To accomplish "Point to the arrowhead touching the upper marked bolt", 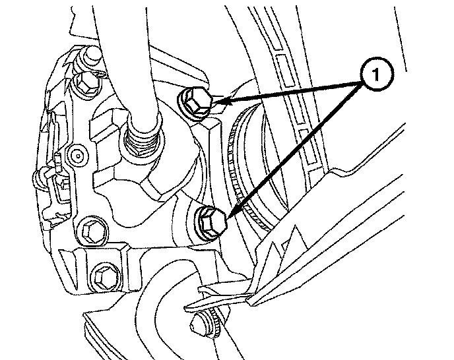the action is (222, 101).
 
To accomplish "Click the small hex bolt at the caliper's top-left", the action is (85, 82).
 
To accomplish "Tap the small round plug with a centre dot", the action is (78, 156).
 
